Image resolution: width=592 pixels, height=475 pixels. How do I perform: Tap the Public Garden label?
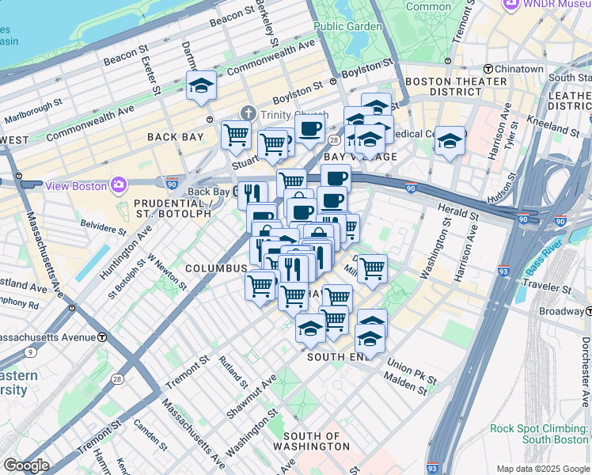(x=347, y=25)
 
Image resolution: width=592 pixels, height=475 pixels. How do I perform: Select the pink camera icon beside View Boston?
(x=119, y=185)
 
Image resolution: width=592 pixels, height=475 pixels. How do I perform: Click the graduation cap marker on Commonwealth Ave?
(x=202, y=86)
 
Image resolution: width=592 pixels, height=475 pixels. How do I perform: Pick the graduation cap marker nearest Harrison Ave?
(x=450, y=141)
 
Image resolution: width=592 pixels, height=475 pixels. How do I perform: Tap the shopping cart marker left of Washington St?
(x=371, y=269)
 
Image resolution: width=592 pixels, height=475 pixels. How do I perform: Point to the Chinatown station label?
(x=521, y=69)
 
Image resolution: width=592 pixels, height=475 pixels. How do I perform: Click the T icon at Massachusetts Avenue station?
(x=102, y=337)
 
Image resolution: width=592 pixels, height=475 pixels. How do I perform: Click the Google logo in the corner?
(x=26, y=465)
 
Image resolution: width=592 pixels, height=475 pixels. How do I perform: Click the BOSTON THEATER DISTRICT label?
(x=456, y=86)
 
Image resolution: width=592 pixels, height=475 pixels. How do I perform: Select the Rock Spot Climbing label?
(x=540, y=434)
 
